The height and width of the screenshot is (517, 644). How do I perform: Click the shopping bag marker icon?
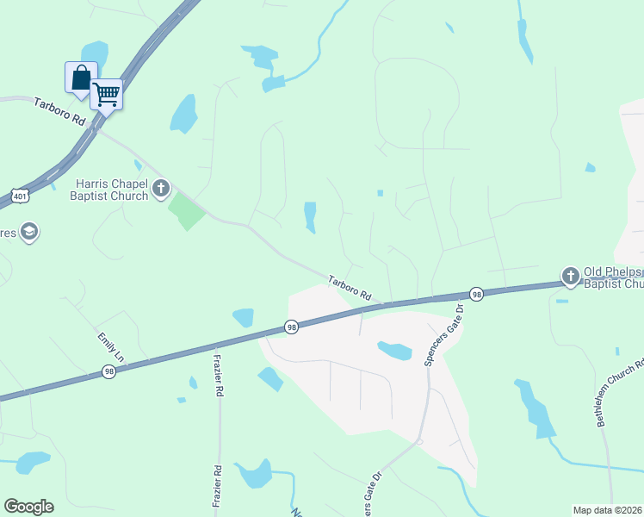click(x=81, y=78)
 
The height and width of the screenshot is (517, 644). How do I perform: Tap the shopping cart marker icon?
click(x=107, y=93)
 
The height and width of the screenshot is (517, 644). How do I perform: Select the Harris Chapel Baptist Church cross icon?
click(x=160, y=189)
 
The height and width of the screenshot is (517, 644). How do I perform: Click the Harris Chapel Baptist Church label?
click(x=112, y=190)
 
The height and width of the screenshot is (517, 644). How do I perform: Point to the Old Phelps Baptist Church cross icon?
click(x=570, y=277)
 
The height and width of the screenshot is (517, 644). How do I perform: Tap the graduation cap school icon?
click(x=29, y=232)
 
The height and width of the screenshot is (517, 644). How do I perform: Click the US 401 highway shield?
click(x=21, y=196)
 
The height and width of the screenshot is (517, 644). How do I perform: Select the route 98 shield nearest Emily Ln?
click(x=108, y=371)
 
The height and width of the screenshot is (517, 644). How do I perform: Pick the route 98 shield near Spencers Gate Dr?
click(x=476, y=294)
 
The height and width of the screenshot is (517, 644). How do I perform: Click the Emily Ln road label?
click(x=112, y=346)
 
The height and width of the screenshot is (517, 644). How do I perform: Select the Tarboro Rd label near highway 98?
click(x=349, y=286)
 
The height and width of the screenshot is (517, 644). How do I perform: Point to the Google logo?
click(x=28, y=507)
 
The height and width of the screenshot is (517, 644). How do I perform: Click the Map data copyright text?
click(x=608, y=509)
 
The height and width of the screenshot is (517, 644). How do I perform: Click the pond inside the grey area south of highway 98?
click(x=394, y=350)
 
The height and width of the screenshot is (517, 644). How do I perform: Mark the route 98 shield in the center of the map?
click(x=292, y=327)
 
